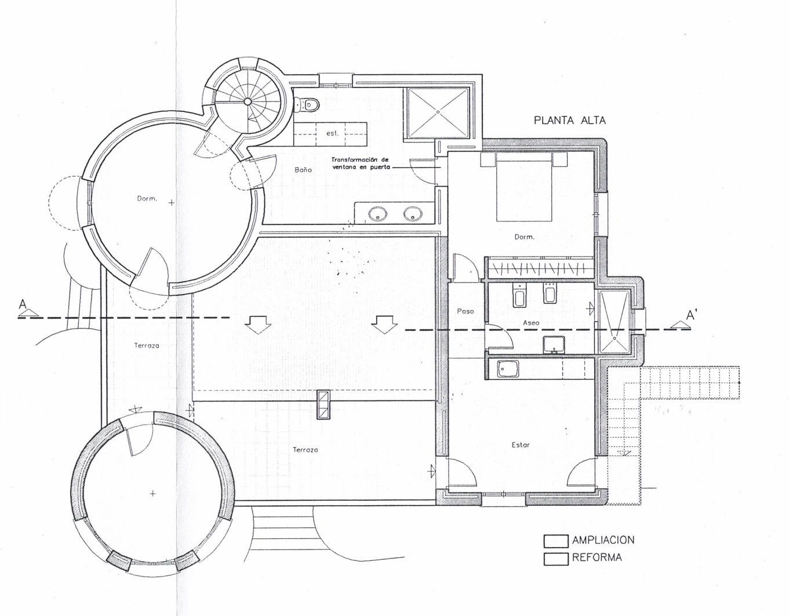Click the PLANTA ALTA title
point(569,121)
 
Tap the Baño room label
point(303,169)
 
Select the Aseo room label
point(531,323)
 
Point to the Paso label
point(465,311)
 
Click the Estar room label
point(521,445)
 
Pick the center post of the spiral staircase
point(247,101)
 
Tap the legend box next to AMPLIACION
point(555,541)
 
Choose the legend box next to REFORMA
point(555,559)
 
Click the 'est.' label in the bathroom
point(332,133)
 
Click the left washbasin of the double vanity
point(377,214)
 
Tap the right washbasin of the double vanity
point(413,214)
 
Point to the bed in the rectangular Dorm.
point(524,187)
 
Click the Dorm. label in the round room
point(147,198)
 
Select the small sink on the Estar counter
point(508,369)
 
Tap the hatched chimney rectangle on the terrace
point(323,405)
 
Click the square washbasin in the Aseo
point(554,345)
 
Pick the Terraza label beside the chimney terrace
point(306,450)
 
